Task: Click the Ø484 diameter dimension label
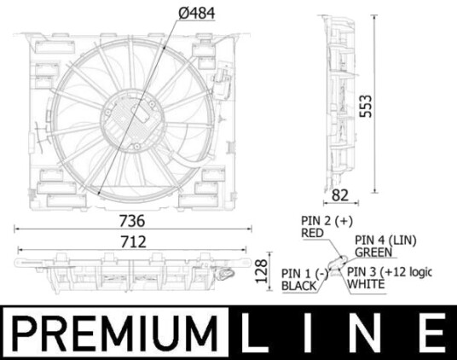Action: pos(197,13)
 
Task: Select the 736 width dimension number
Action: pos(132,221)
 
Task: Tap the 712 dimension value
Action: pos(133,242)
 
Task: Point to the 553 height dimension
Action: pos(366,106)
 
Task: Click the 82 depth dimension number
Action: pos(340,195)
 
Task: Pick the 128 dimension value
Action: pos(262,271)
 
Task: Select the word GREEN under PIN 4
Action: pos(373,253)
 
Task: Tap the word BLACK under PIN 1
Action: pos(299,286)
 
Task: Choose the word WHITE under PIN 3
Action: pos(367,284)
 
